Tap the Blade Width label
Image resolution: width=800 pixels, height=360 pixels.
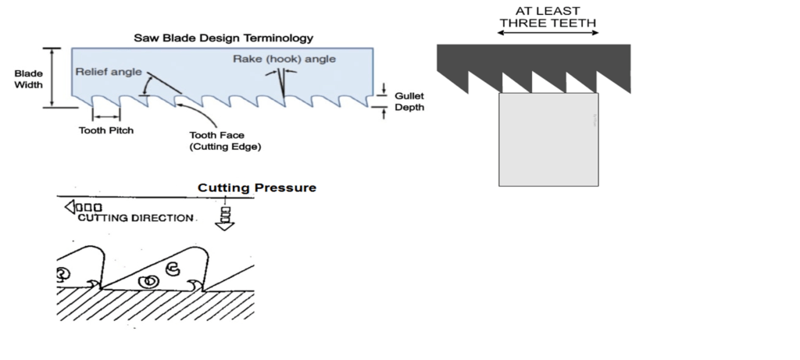[29, 79]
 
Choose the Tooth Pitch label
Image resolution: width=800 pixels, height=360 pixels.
[105, 130]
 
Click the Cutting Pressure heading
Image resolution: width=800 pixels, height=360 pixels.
[256, 187]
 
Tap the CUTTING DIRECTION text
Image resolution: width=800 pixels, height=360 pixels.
[135, 218]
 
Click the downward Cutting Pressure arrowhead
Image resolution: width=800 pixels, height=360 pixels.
[225, 226]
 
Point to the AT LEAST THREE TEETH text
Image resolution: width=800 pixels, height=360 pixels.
[548, 16]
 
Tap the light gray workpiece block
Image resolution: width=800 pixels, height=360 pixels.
[548, 140]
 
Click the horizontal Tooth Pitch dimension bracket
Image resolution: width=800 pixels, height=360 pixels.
[105, 116]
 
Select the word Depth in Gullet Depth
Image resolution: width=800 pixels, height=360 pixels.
[409, 107]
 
